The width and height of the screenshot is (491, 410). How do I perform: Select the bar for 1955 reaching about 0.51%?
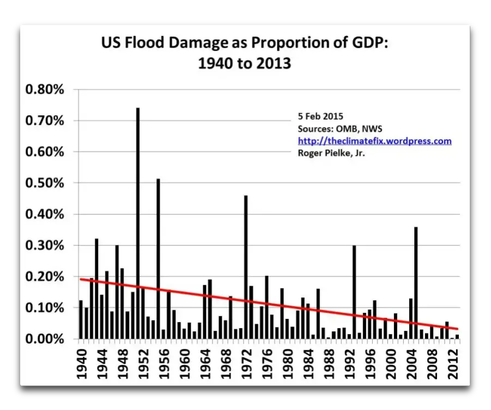tap(158, 256)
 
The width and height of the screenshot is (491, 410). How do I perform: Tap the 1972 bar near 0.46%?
tap(246, 267)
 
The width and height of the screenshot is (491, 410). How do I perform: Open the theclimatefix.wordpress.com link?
tap(374, 141)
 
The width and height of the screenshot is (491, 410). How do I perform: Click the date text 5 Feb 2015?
tap(320, 117)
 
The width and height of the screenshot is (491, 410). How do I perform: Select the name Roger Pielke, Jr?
tap(330, 153)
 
